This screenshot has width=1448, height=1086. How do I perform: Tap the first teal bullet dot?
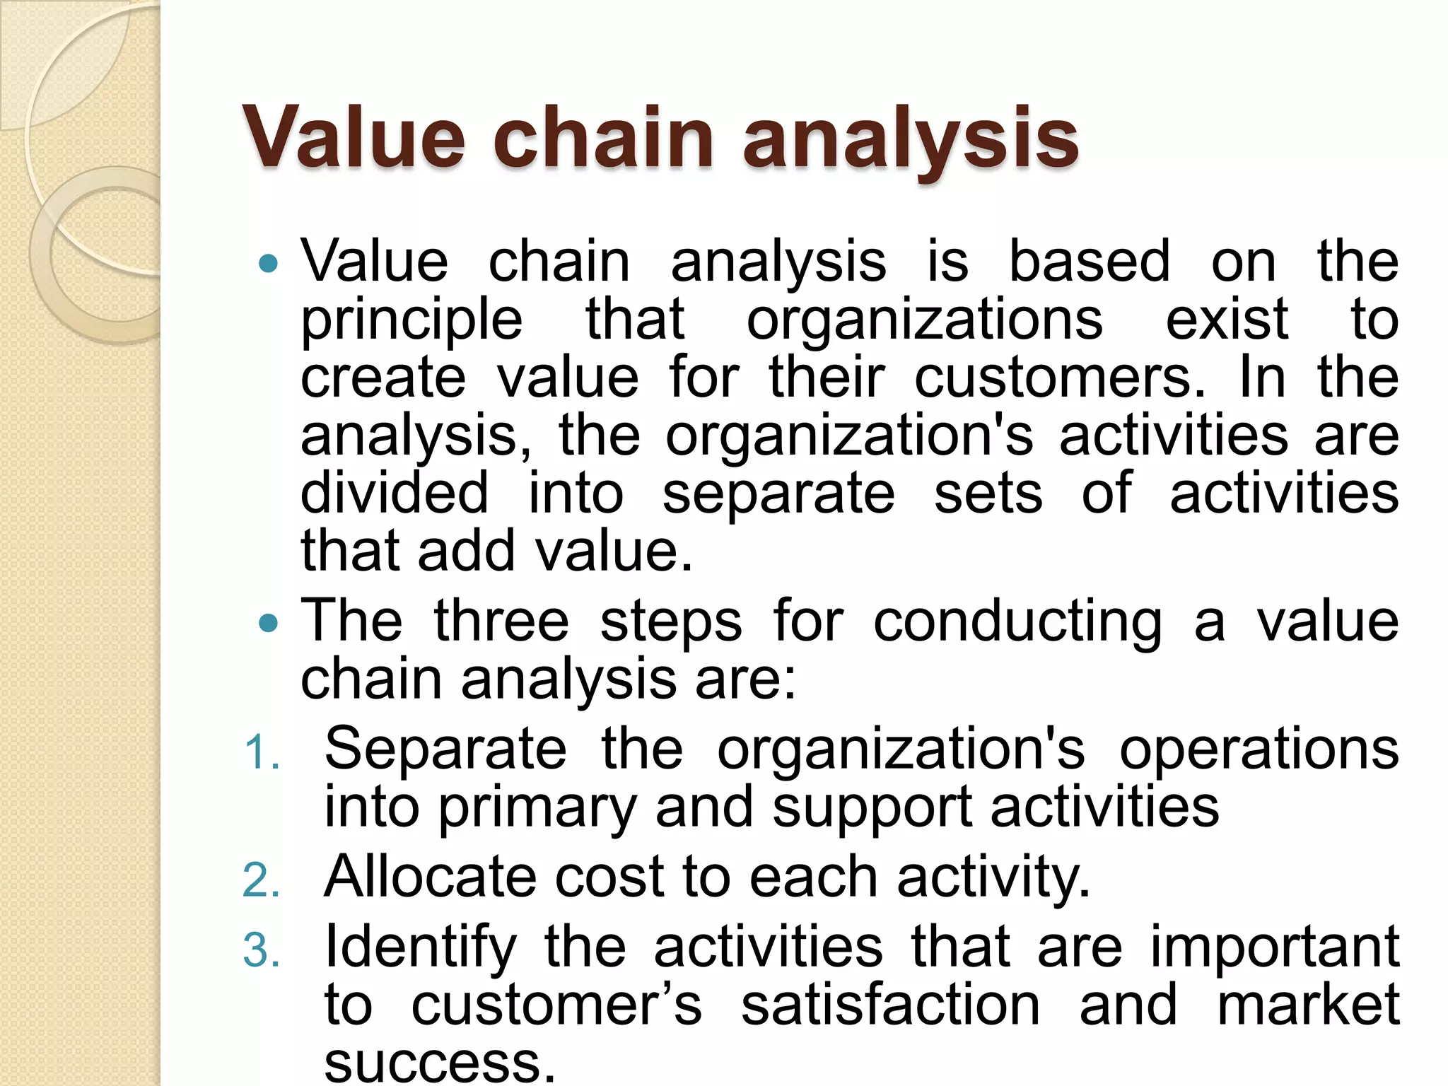point(269,264)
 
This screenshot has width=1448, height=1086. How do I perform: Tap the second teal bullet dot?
point(269,623)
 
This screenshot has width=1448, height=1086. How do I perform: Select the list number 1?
point(261,752)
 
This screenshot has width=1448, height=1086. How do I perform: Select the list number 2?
point(261,880)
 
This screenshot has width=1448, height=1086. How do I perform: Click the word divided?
point(394,492)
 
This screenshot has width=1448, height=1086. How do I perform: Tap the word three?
point(501,621)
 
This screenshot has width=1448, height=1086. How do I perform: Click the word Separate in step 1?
point(445,749)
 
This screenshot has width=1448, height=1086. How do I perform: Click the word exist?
point(1227,320)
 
